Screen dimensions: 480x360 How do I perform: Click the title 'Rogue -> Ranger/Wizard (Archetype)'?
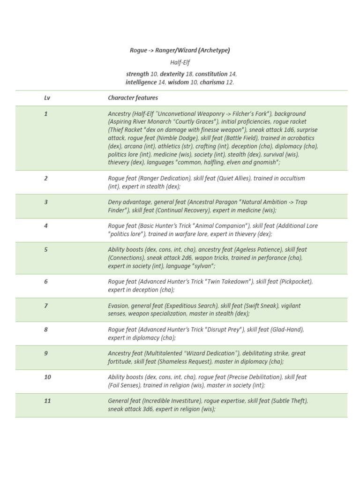(180, 50)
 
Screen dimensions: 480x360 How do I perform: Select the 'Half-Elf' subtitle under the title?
(180, 62)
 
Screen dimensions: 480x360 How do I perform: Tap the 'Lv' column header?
(47, 98)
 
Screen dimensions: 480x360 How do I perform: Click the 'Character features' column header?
(133, 98)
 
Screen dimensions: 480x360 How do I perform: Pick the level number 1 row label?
(46, 114)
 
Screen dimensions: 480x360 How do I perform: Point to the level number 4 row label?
(46, 226)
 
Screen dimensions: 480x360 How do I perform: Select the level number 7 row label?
(46, 306)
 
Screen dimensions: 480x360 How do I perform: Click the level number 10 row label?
(47, 377)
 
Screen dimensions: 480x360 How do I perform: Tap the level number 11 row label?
(47, 401)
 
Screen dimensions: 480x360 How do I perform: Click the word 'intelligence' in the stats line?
(142, 82)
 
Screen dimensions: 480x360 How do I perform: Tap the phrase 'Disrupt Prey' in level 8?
(225, 330)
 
